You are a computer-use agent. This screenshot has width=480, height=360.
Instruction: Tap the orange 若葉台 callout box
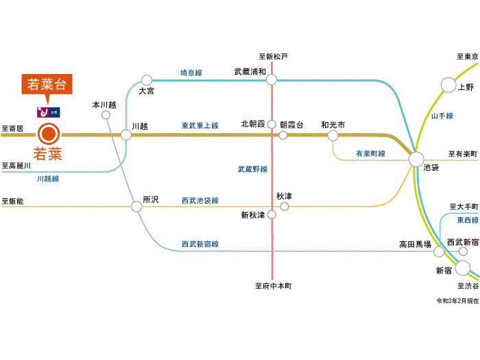pyautogui.click(x=47, y=85)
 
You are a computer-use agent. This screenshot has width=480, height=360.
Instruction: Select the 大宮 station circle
pyautogui.click(x=146, y=80)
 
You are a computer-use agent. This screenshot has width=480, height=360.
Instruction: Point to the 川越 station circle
pyautogui.click(x=126, y=134)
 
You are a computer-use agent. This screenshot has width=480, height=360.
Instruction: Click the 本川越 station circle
pyautogui.click(x=106, y=115)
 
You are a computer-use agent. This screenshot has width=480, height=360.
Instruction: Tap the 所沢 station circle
pyautogui.click(x=137, y=206)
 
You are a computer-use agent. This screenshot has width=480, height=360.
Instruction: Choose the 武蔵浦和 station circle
pyautogui.click(x=272, y=80)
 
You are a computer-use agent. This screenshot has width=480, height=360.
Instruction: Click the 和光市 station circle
pyautogui.click(x=333, y=135)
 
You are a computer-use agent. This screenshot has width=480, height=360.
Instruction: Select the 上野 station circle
pyautogui.click(x=448, y=85)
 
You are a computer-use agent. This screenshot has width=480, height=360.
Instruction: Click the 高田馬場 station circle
pyautogui.click(x=439, y=252)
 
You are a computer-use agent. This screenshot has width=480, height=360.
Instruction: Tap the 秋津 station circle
pyautogui.click(x=284, y=206)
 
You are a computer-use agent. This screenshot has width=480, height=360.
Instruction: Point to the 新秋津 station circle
pyautogui.click(x=272, y=215)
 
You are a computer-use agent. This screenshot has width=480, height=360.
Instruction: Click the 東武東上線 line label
pyautogui.click(x=200, y=126)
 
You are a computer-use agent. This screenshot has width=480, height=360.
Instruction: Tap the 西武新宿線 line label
pyautogui.click(x=200, y=244)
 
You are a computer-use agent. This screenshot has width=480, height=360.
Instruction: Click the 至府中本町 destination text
pyautogui.click(x=273, y=286)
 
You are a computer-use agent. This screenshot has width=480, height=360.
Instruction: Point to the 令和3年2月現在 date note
pyautogui.click(x=457, y=301)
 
